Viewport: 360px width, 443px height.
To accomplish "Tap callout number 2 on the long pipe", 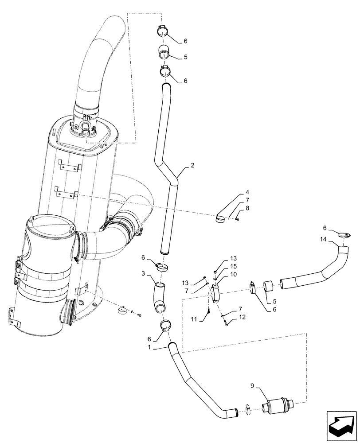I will [192, 166].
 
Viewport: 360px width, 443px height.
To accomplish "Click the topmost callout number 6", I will [185, 41].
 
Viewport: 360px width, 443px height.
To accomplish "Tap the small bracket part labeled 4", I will [220, 217].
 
